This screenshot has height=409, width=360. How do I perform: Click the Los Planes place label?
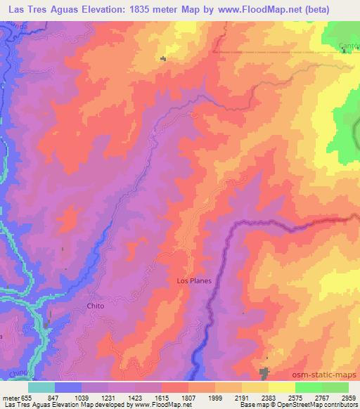[x=193, y=280]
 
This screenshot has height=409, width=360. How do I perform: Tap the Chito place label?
[x=95, y=306]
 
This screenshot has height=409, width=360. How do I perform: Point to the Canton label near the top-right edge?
[x=349, y=46]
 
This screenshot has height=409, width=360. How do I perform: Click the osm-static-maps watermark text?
[x=324, y=374]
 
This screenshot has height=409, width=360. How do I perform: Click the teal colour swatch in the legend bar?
[x=41, y=387]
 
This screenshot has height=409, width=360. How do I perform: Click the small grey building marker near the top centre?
[x=163, y=58]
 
